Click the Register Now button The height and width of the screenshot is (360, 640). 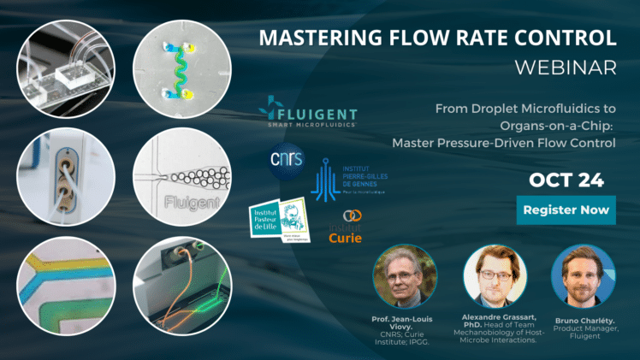click(566, 210)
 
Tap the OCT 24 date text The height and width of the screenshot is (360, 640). click(566, 180)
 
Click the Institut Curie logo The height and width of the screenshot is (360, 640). click(347, 228)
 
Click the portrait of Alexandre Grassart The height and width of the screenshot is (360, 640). click(494, 275)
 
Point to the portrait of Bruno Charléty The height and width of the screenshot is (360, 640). click(582, 275)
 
